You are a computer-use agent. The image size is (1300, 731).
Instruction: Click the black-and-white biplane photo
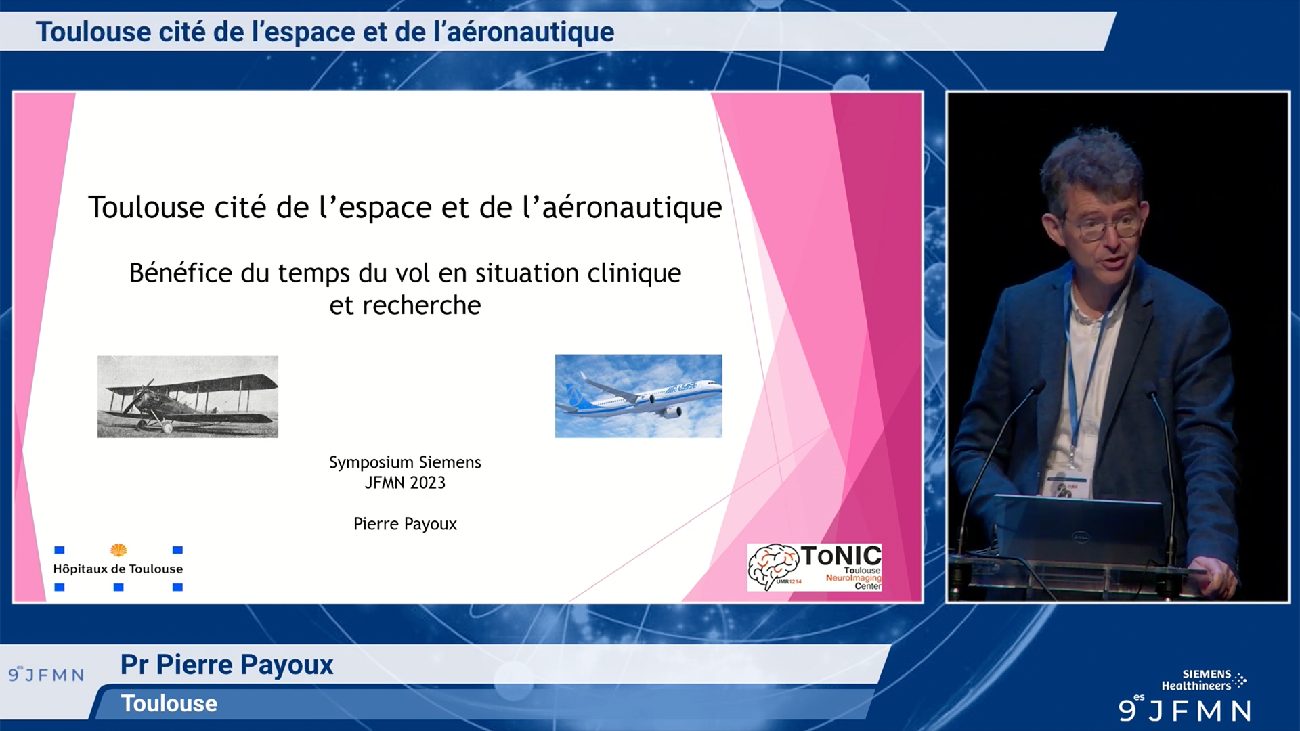[188, 397]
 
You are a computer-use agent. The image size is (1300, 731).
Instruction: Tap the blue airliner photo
[638, 396]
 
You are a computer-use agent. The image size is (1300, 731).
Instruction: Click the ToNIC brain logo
[814, 567]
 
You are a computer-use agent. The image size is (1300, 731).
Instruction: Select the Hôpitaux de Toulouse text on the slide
[118, 569]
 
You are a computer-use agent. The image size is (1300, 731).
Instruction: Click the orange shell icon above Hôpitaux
[118, 550]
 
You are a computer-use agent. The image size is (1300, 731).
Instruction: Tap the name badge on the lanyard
[1068, 487]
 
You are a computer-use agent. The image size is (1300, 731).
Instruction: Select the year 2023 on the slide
[427, 483]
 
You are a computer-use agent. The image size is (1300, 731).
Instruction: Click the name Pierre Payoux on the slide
[405, 524]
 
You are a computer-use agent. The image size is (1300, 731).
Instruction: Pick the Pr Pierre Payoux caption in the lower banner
[227, 665]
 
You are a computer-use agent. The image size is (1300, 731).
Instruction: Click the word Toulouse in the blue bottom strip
[169, 704]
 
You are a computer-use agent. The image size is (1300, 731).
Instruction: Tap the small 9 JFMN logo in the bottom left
[46, 674]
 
